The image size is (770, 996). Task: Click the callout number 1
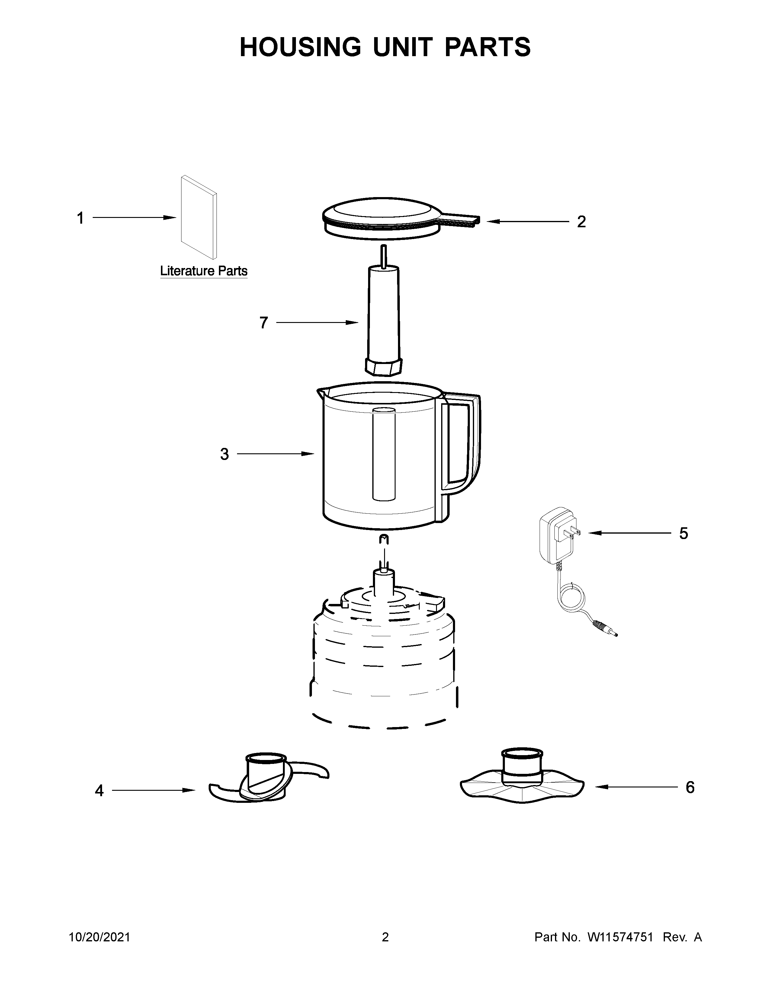coord(81,219)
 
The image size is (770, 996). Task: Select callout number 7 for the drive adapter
coord(264,323)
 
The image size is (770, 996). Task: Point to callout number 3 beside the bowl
coord(224,454)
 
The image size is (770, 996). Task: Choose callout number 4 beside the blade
coord(99,791)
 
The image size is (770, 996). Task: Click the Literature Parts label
coord(204,271)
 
